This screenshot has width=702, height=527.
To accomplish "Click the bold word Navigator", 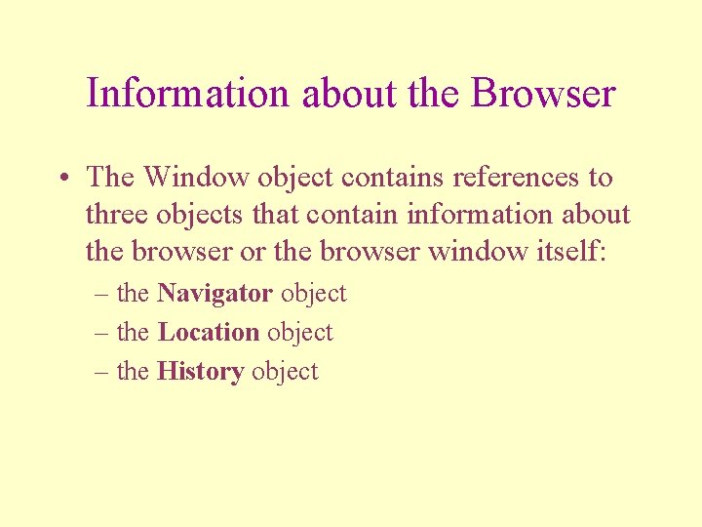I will point(214,294).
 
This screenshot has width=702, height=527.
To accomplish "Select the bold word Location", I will point(209,333).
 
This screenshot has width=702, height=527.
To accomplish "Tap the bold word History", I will point(200,372).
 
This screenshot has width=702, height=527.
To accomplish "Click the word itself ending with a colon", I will point(571,252).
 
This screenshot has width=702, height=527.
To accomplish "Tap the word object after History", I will point(285,372).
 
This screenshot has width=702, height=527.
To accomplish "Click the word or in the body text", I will point(253,252).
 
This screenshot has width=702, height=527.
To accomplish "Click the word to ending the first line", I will point(600,178).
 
